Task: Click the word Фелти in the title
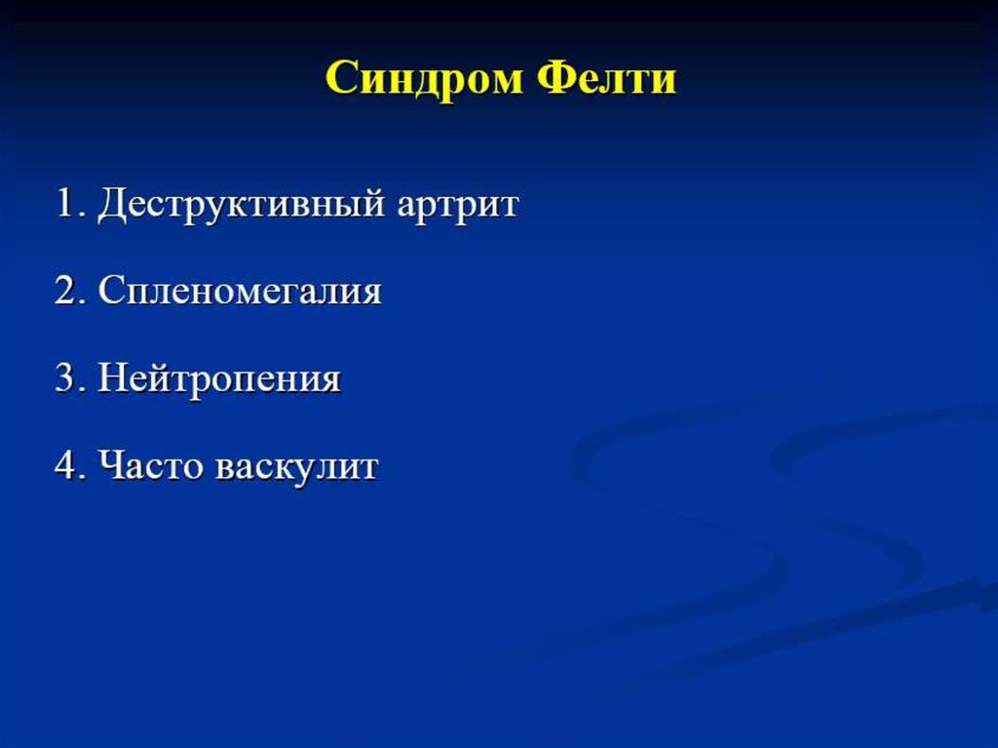coord(606,78)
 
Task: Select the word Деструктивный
coord(242,205)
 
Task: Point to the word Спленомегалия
coord(240,292)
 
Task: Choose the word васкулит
coord(297,466)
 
